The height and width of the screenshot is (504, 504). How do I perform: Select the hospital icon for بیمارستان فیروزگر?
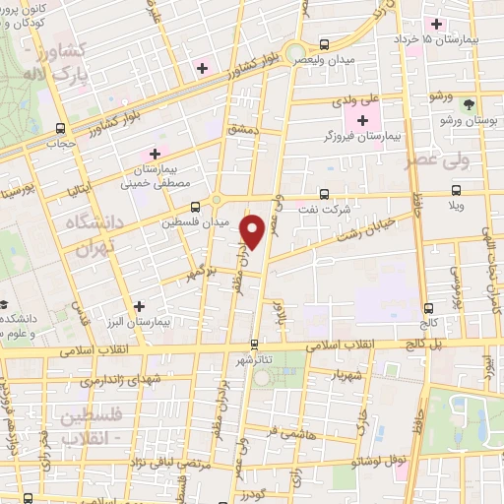point(363,121)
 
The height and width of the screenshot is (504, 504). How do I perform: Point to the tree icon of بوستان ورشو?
point(470,103)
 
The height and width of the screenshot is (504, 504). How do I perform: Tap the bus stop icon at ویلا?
point(455,191)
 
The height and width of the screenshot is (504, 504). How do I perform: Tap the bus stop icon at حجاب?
point(61,128)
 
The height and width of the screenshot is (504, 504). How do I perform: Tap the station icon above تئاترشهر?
point(254,345)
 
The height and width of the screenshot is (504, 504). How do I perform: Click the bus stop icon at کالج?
point(427,308)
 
